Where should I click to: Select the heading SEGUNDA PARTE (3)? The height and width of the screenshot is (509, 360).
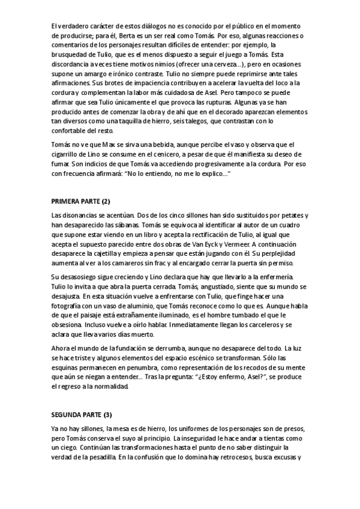click(x=82, y=414)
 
